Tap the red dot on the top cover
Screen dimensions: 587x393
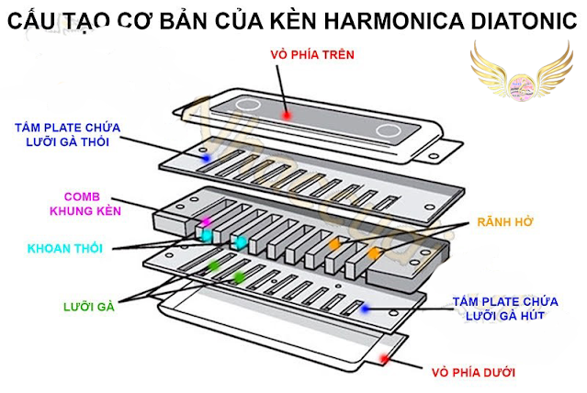287,116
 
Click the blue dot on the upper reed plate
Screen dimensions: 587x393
207,158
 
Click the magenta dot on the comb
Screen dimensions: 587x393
208,222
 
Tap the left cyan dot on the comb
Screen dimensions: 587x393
208,237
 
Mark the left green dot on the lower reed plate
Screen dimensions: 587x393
214,267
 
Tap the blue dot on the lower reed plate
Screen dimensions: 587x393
365,309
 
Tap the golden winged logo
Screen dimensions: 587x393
521,78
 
